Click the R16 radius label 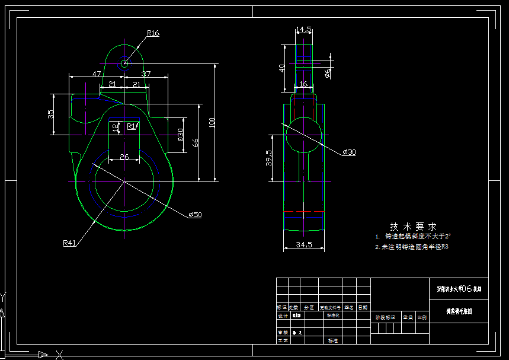tap(153, 33)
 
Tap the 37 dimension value tap(146, 74)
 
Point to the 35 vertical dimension tap(51, 113)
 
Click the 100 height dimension tap(212, 122)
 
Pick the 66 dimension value tap(196, 142)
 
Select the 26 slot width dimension tap(124, 157)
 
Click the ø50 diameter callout tap(195, 214)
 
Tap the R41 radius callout tap(70, 243)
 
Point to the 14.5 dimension tap(304, 29)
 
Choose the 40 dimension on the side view tap(282, 68)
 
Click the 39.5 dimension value tap(269, 158)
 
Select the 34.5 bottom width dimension tap(303, 245)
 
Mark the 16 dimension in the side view tap(303, 84)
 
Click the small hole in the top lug tap(124, 63)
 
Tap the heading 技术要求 tap(413, 227)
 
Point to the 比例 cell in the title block tap(422, 317)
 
